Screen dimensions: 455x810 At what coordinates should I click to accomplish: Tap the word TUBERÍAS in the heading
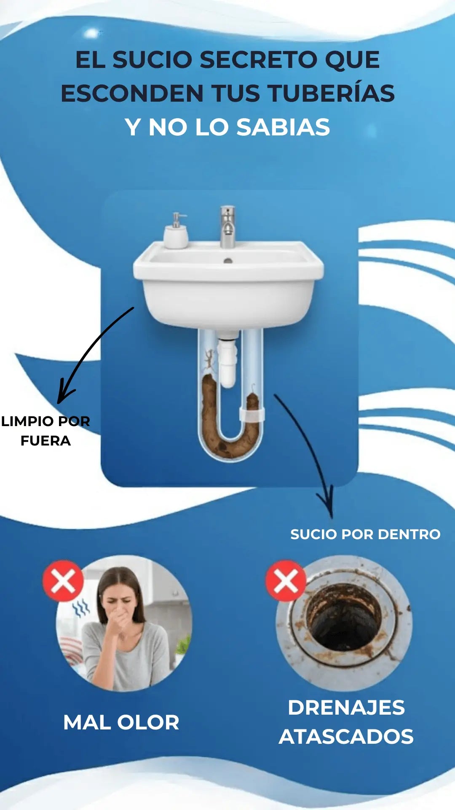pos(331,93)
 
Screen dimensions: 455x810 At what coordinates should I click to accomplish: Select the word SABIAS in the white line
pos(283,127)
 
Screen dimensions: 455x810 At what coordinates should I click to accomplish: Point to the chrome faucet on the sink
pos(227,227)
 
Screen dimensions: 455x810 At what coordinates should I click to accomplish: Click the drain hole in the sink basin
pos(228,261)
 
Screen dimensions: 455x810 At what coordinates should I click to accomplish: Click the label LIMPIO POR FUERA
pos(45,431)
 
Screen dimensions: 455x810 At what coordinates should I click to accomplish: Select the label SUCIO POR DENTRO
pos(365,534)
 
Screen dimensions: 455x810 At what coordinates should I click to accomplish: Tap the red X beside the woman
pos(63,581)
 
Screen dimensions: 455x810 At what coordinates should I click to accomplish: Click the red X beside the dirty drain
pos(286,581)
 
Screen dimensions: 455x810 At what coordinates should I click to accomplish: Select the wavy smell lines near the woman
pos(81,607)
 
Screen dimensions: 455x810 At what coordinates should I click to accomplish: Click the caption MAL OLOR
pos(121,722)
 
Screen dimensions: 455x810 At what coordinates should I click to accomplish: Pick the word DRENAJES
pos(346,707)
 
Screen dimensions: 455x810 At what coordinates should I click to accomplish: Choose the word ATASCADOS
pos(346,737)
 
